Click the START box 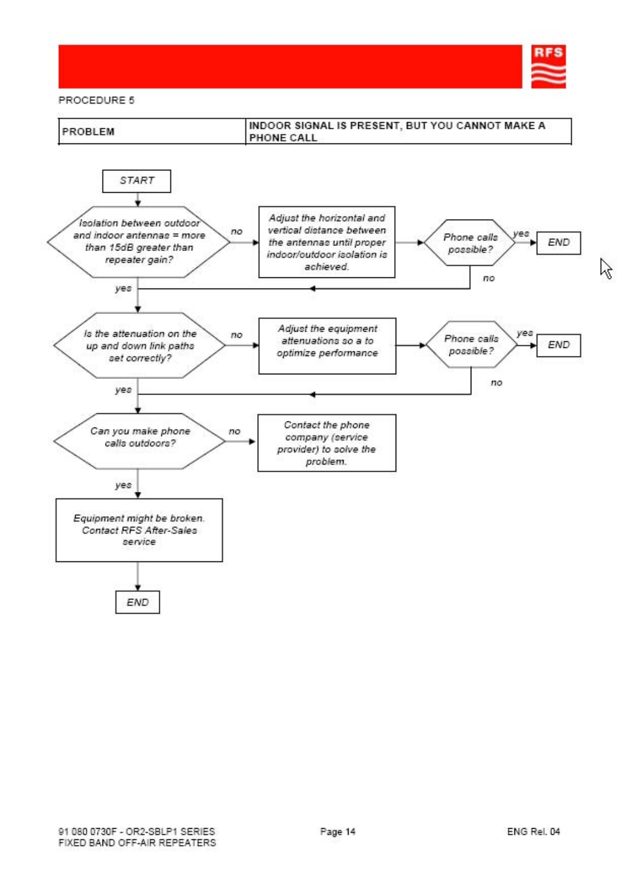(137, 181)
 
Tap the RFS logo (549, 66)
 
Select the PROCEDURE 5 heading (96, 100)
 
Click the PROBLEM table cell (152, 132)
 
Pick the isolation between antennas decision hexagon (138, 242)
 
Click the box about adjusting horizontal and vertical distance (327, 242)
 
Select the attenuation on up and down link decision (140, 345)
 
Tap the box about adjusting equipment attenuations (327, 346)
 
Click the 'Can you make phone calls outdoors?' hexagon (140, 441)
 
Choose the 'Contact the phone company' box (327, 443)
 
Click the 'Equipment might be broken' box (139, 530)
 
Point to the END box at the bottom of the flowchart (137, 602)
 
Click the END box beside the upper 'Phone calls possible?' (559, 243)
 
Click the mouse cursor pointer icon (605, 268)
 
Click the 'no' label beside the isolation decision (237, 231)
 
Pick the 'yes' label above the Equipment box (123, 485)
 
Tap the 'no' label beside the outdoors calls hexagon (234, 431)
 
